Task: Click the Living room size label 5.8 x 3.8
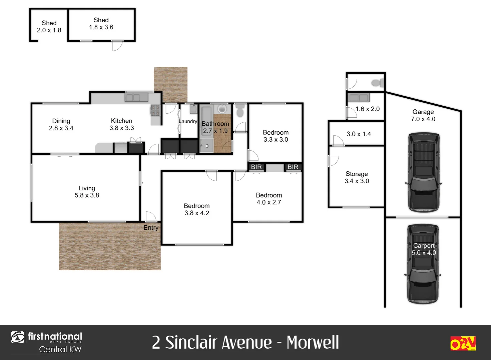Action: click(x=87, y=195)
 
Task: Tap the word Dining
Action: click(x=61, y=121)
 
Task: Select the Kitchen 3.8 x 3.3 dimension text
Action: click(x=122, y=128)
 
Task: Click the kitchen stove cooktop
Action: click(x=155, y=110)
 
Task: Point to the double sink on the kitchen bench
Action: click(x=136, y=98)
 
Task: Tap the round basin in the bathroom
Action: click(x=221, y=109)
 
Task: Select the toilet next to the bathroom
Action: click(x=240, y=111)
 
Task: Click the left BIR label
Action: click(x=256, y=167)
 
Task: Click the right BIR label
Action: click(x=293, y=167)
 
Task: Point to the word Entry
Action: click(x=151, y=228)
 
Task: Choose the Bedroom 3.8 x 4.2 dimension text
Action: click(x=197, y=213)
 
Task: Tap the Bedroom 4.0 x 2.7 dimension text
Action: click(x=269, y=202)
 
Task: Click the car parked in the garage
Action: click(x=423, y=172)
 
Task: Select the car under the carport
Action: click(x=423, y=263)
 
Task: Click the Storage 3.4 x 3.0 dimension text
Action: click(x=357, y=181)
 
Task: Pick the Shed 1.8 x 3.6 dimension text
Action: click(x=101, y=27)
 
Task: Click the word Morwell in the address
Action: click(x=313, y=342)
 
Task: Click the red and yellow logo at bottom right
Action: click(x=463, y=343)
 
